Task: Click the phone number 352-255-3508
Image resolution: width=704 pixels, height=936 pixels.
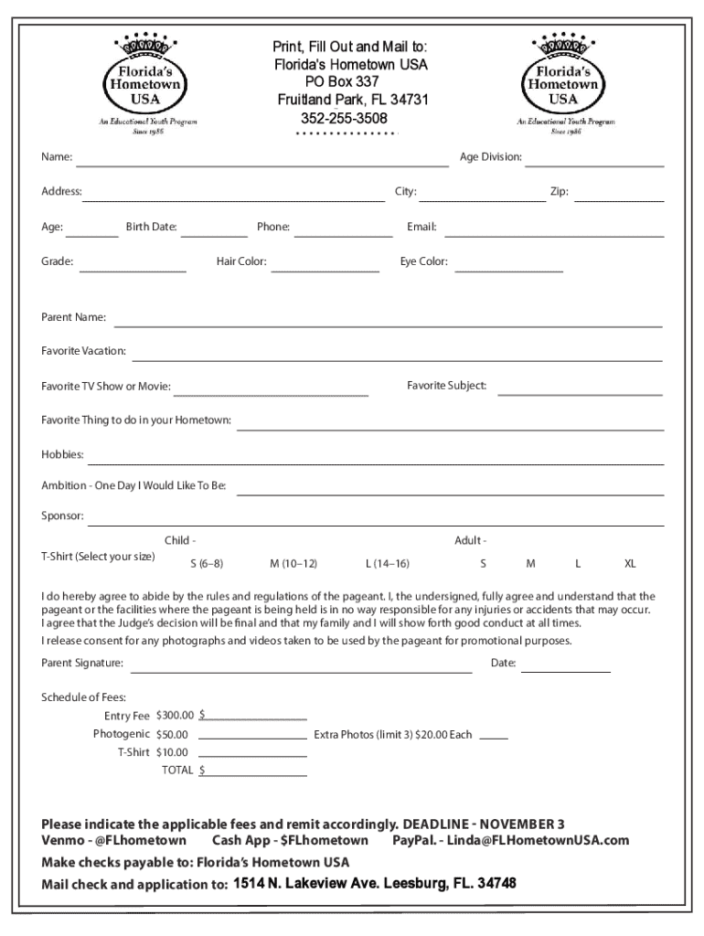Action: pos(344,119)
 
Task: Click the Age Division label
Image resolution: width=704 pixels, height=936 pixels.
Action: pos(491,157)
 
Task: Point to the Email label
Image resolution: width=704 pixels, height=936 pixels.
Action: pos(421,227)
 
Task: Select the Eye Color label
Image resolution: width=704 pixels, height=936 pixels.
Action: pos(424,262)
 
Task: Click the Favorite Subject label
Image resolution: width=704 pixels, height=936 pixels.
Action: pos(447,386)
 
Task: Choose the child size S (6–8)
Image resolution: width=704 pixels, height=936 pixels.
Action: pos(207,563)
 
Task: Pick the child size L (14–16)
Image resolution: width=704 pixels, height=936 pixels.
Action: pos(388,563)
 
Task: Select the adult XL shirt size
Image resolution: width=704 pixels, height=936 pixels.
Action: pos(630,563)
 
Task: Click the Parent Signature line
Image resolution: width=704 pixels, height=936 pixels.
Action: pos(301,671)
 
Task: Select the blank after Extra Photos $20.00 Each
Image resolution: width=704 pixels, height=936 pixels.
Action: pos(494,738)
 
